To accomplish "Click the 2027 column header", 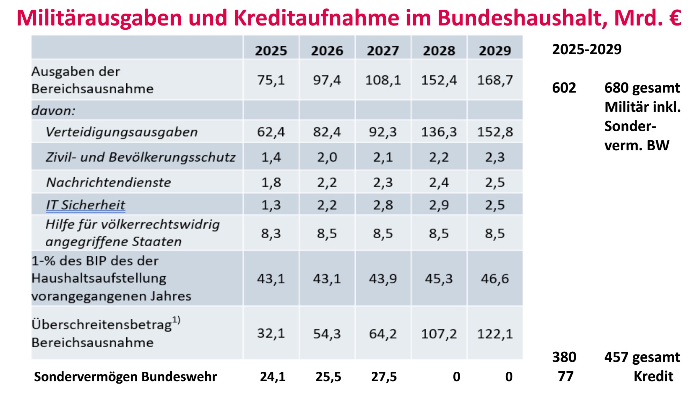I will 383,51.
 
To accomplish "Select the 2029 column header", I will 495,51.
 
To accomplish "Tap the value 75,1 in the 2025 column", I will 271,80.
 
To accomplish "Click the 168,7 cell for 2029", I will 495,80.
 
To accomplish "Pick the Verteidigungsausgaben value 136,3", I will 439,132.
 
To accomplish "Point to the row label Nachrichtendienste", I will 109,182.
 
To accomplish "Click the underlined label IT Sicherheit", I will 86,205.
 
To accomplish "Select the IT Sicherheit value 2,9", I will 439,205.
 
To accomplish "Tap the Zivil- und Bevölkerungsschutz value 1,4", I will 271,158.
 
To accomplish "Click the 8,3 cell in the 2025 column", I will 271,233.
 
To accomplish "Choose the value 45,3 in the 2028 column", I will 439,279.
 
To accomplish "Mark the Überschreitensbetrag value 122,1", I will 495,334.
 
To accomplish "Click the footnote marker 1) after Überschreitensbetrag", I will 176,320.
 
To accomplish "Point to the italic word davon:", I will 53,111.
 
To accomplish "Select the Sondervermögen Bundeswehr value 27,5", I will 384,377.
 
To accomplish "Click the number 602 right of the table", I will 564,88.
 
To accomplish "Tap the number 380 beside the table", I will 564,357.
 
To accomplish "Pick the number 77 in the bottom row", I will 565,376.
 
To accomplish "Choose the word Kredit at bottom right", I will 653,376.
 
